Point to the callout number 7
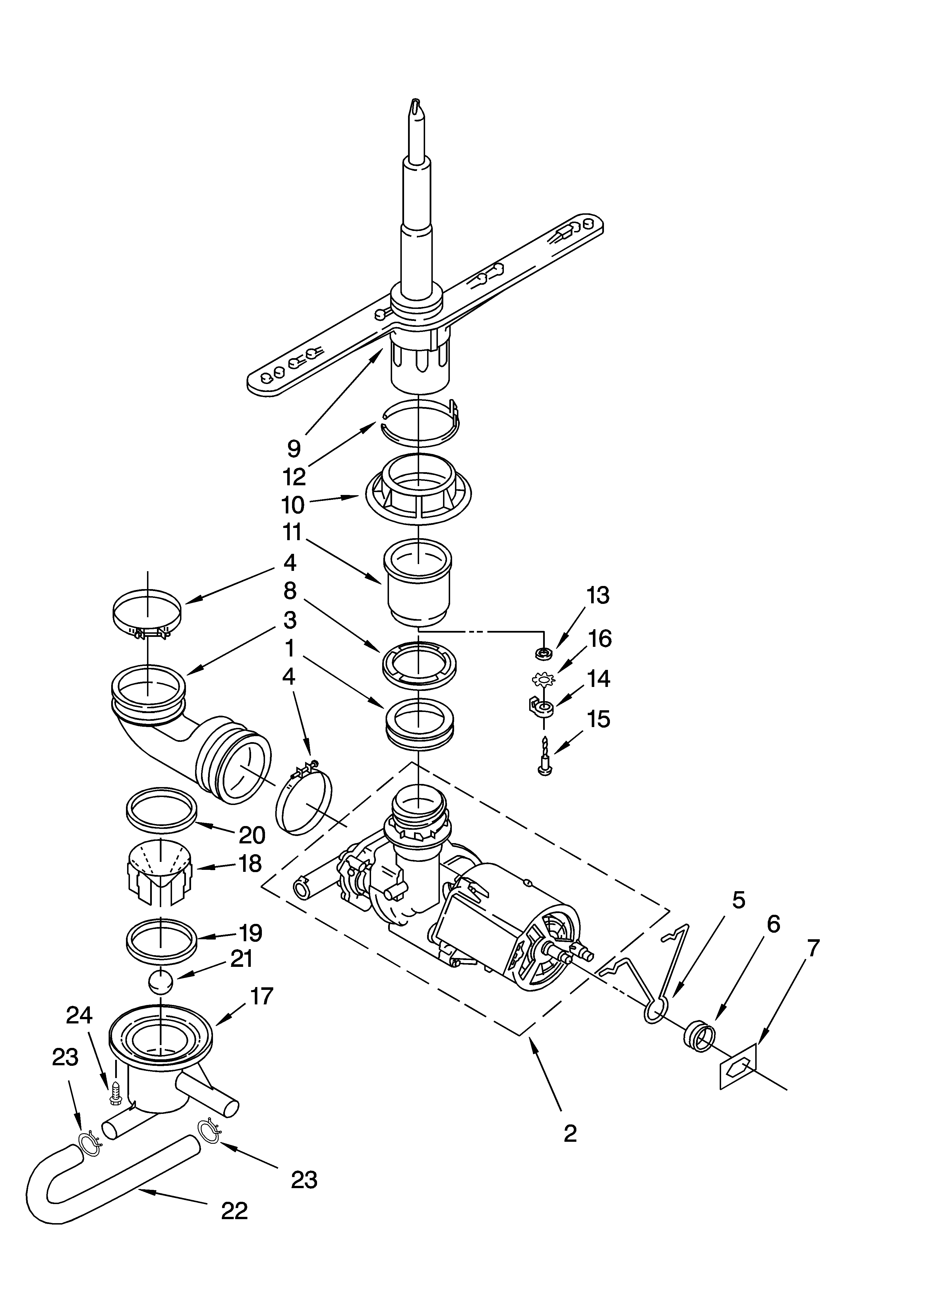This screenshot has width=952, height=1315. point(814,949)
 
